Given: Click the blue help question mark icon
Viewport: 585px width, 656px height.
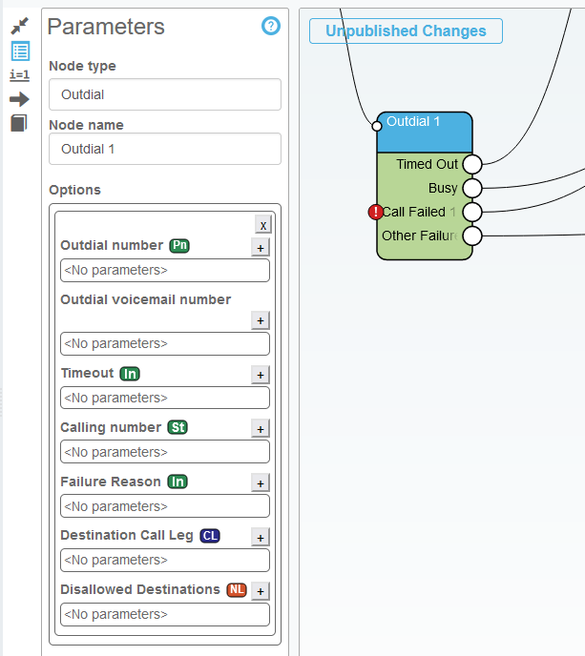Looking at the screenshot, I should pyautogui.click(x=271, y=26).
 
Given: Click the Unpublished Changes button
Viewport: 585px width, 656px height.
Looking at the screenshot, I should pyautogui.click(x=406, y=31).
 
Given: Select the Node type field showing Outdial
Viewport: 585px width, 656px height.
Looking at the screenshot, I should pyautogui.click(x=165, y=94).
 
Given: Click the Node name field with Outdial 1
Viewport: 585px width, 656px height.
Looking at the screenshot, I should pyautogui.click(x=165, y=149).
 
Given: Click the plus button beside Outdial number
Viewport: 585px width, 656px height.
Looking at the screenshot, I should pyautogui.click(x=260, y=248).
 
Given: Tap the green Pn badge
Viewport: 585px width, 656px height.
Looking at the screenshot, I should pyautogui.click(x=179, y=246).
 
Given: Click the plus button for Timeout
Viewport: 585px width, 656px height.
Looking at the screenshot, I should pyautogui.click(x=260, y=375).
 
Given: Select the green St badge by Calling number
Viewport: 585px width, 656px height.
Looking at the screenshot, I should pyautogui.click(x=178, y=427).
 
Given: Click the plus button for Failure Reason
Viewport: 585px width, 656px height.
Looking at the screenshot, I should pyautogui.click(x=260, y=483).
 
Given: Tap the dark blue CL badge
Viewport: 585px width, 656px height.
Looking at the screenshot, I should pyautogui.click(x=209, y=536).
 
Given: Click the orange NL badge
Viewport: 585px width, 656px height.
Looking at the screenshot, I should pyautogui.click(x=237, y=589).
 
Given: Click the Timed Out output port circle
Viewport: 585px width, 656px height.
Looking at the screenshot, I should pyautogui.click(x=472, y=164).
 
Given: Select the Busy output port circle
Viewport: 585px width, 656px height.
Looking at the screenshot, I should pyautogui.click(x=472, y=188).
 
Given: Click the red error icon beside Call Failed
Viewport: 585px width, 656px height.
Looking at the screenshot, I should pyautogui.click(x=375, y=212).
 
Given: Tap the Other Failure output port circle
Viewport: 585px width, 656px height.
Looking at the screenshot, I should pyautogui.click(x=472, y=236).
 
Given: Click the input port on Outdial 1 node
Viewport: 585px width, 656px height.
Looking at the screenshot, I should pyautogui.click(x=377, y=125).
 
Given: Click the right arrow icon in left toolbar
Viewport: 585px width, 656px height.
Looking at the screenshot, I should pyautogui.click(x=19, y=98).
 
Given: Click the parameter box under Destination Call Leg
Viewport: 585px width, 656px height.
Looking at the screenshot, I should pyautogui.click(x=165, y=561).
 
